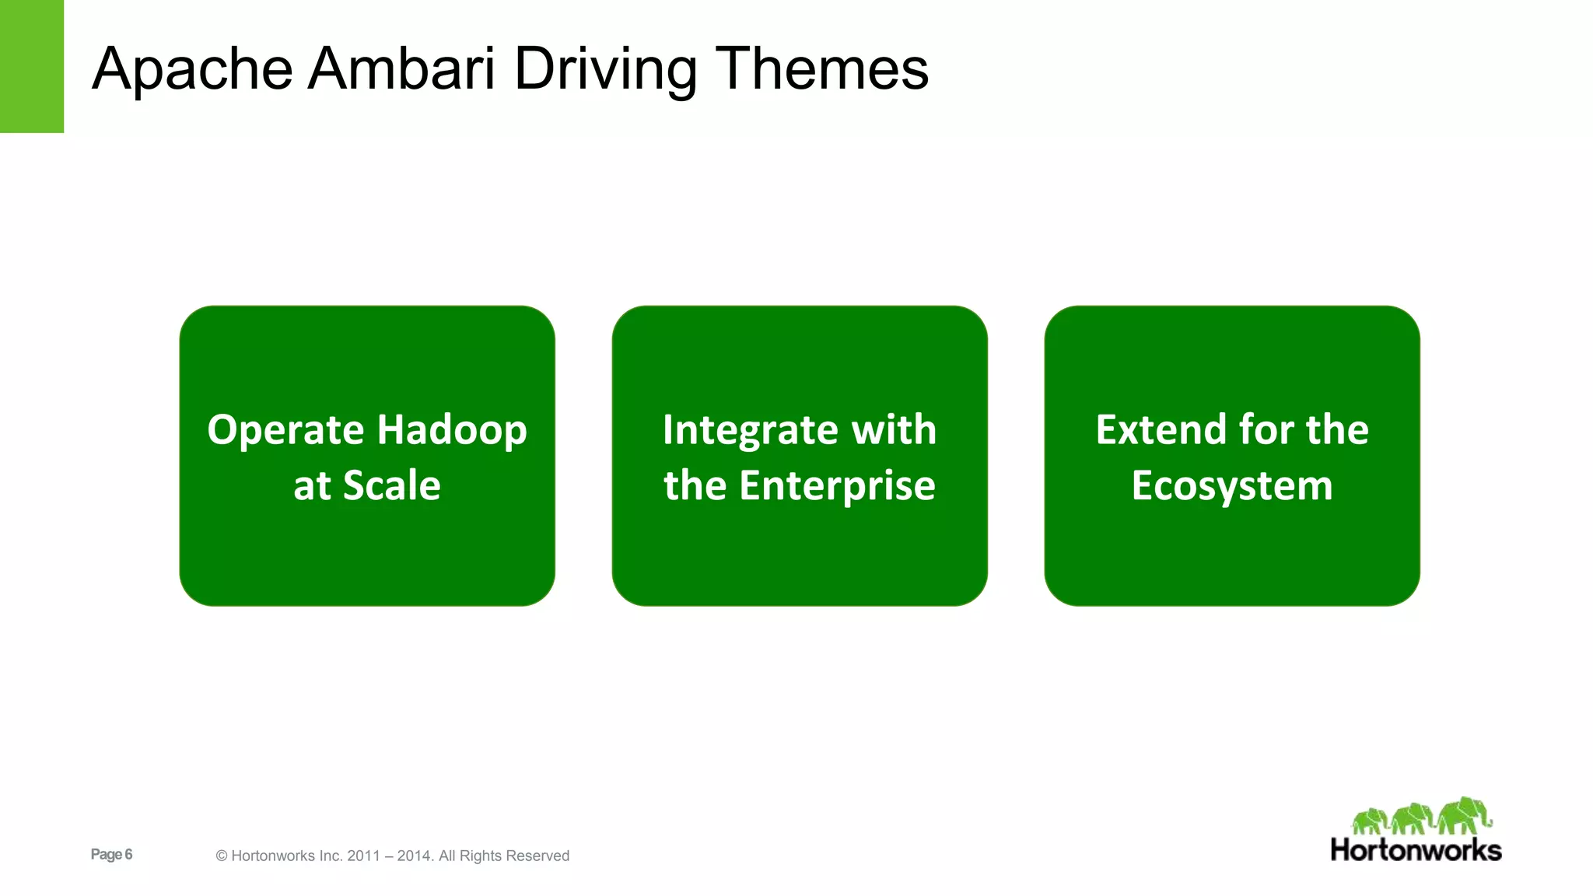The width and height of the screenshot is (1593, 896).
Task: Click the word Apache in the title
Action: tap(192, 70)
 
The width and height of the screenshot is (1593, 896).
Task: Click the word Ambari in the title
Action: tap(401, 68)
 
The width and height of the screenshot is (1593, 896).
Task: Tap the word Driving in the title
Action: tap(605, 70)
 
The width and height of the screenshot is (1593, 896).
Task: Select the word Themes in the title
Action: tap(821, 68)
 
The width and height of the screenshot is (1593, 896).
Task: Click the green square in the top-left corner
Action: tap(31, 66)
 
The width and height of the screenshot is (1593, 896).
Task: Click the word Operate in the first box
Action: tap(285, 431)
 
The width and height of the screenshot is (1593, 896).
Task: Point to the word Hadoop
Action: tap(452, 431)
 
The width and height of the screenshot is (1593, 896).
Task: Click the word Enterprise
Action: tap(837, 487)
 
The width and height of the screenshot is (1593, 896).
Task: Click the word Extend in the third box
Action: tap(1158, 429)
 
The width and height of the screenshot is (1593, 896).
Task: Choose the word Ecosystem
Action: tap(1232, 487)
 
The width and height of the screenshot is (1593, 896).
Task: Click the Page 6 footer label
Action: tap(111, 854)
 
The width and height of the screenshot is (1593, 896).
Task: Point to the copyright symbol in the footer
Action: tap(222, 856)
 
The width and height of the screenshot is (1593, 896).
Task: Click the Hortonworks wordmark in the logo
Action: tap(1416, 850)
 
